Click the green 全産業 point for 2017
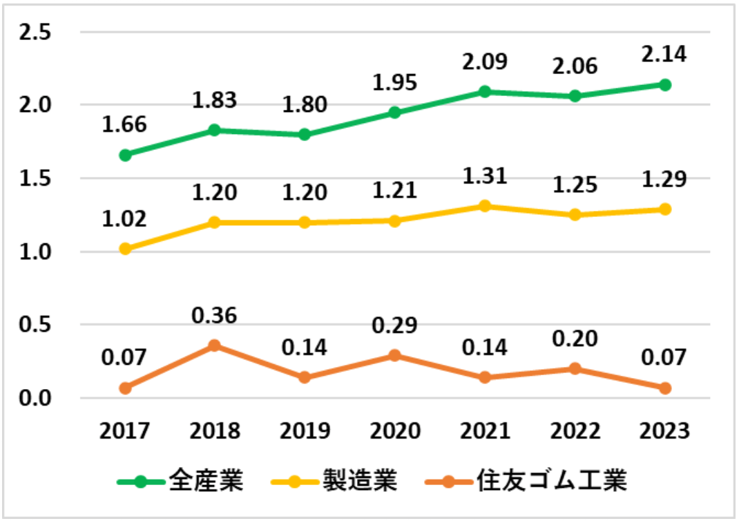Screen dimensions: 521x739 coord(125,155)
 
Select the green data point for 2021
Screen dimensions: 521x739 coord(485,92)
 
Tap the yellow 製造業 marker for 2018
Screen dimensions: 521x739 coord(215,222)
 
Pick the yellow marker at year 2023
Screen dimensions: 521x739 coord(664,209)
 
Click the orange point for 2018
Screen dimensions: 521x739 coord(215,345)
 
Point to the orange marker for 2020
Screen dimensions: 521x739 coord(394,356)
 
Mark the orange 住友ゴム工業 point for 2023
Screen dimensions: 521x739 coord(664,388)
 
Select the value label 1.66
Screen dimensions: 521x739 coord(125,126)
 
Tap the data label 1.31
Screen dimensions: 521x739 coord(485,175)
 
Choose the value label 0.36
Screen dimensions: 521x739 coord(215,315)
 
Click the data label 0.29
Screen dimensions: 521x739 coord(394,324)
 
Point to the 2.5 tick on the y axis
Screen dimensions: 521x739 coord(39,32)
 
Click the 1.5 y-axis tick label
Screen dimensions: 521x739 coord(39,179)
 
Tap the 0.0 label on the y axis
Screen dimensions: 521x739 coord(39,399)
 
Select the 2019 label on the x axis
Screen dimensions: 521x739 coord(305,431)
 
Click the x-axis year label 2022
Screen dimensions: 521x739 coord(575,431)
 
